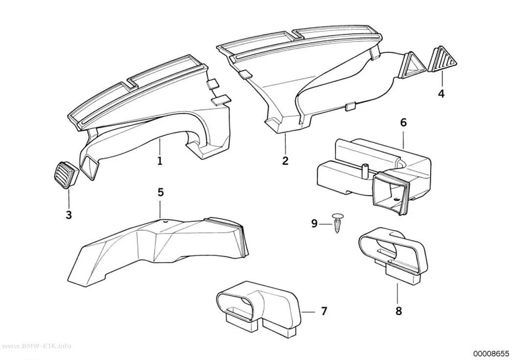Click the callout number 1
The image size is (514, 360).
(x=160, y=161)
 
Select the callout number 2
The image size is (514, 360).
(x=285, y=161)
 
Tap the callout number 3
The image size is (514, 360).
(x=69, y=215)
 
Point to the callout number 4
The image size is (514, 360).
(x=441, y=94)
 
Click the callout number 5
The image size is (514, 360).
(x=160, y=192)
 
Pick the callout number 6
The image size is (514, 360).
(x=403, y=122)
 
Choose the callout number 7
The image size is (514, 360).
(x=324, y=311)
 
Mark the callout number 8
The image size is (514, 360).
(x=398, y=311)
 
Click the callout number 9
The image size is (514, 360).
(x=314, y=224)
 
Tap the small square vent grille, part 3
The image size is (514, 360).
(x=67, y=175)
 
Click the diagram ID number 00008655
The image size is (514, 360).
(x=491, y=354)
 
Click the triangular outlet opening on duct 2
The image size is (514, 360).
(x=410, y=65)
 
